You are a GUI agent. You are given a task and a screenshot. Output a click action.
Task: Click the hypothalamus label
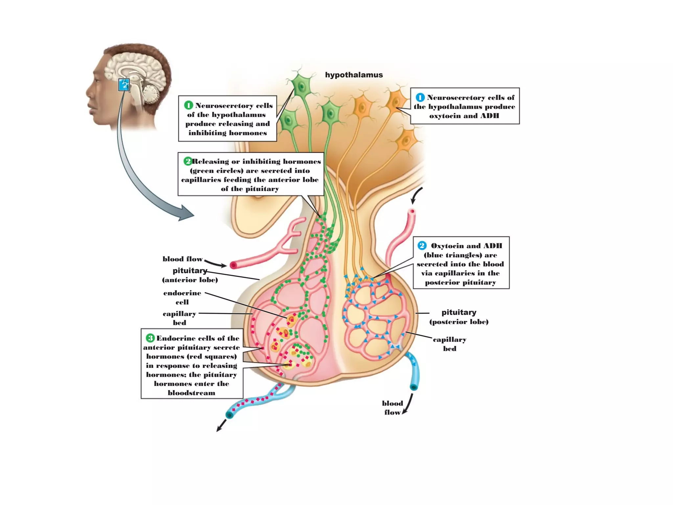click(x=354, y=75)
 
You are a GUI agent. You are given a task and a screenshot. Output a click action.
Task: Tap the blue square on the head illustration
click(x=124, y=85)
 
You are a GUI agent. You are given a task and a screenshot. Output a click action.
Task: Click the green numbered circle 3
click(x=150, y=338)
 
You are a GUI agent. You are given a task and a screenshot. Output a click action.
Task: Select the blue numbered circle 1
click(x=420, y=97)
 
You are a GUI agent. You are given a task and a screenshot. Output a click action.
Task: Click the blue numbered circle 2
click(x=422, y=246)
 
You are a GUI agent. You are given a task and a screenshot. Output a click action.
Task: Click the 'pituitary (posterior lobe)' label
click(x=459, y=317)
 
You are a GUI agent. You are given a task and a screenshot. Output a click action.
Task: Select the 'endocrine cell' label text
click(x=182, y=297)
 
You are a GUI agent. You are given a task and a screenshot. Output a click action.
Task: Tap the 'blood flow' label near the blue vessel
click(x=392, y=408)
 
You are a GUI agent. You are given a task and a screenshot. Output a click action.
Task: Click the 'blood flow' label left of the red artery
click(x=182, y=259)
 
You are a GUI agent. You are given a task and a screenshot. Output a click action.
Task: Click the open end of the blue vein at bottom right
click(x=414, y=387)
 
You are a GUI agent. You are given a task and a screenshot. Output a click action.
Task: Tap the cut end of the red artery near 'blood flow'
click(x=233, y=265)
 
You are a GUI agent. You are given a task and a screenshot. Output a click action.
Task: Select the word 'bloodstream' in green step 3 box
click(x=192, y=393)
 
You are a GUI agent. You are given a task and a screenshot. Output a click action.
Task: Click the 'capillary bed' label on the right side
click(x=449, y=344)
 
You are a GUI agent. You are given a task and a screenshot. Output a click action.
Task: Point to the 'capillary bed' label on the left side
click(x=179, y=318)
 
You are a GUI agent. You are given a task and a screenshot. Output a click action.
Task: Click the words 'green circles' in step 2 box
click(x=217, y=171)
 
